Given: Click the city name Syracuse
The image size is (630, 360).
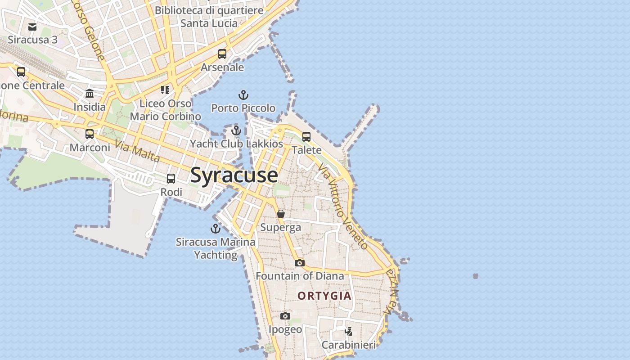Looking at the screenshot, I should point(234,175).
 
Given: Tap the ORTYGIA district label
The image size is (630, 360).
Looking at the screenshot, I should point(324,296).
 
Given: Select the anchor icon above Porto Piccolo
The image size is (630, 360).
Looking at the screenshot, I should point(243,95).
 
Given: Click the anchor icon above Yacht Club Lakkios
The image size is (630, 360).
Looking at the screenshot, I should point(236,130).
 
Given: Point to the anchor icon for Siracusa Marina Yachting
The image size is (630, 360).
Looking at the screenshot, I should point(216,229).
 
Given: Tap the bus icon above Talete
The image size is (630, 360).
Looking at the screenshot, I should point(306,136).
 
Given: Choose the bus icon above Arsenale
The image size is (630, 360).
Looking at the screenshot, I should point(222,54).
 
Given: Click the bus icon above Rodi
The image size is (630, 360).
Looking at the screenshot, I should point(171,179).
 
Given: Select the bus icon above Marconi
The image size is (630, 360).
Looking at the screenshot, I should point(90,134).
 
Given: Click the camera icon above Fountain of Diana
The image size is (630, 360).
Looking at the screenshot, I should point(300,263).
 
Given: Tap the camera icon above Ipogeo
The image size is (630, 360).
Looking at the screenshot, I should point(285,316).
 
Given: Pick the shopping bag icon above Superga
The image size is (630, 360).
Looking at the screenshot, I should point(281,214).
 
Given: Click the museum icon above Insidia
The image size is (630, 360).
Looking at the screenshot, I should point(90,94).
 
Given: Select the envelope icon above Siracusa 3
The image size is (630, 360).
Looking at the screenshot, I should point(32,27).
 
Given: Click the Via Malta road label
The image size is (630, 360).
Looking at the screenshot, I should point(137,151).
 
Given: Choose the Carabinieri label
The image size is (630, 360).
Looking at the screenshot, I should point(348,345).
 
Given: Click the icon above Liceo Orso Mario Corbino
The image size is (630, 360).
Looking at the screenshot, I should point(165,90).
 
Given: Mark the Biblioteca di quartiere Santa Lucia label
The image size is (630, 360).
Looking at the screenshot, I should point(209,16).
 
